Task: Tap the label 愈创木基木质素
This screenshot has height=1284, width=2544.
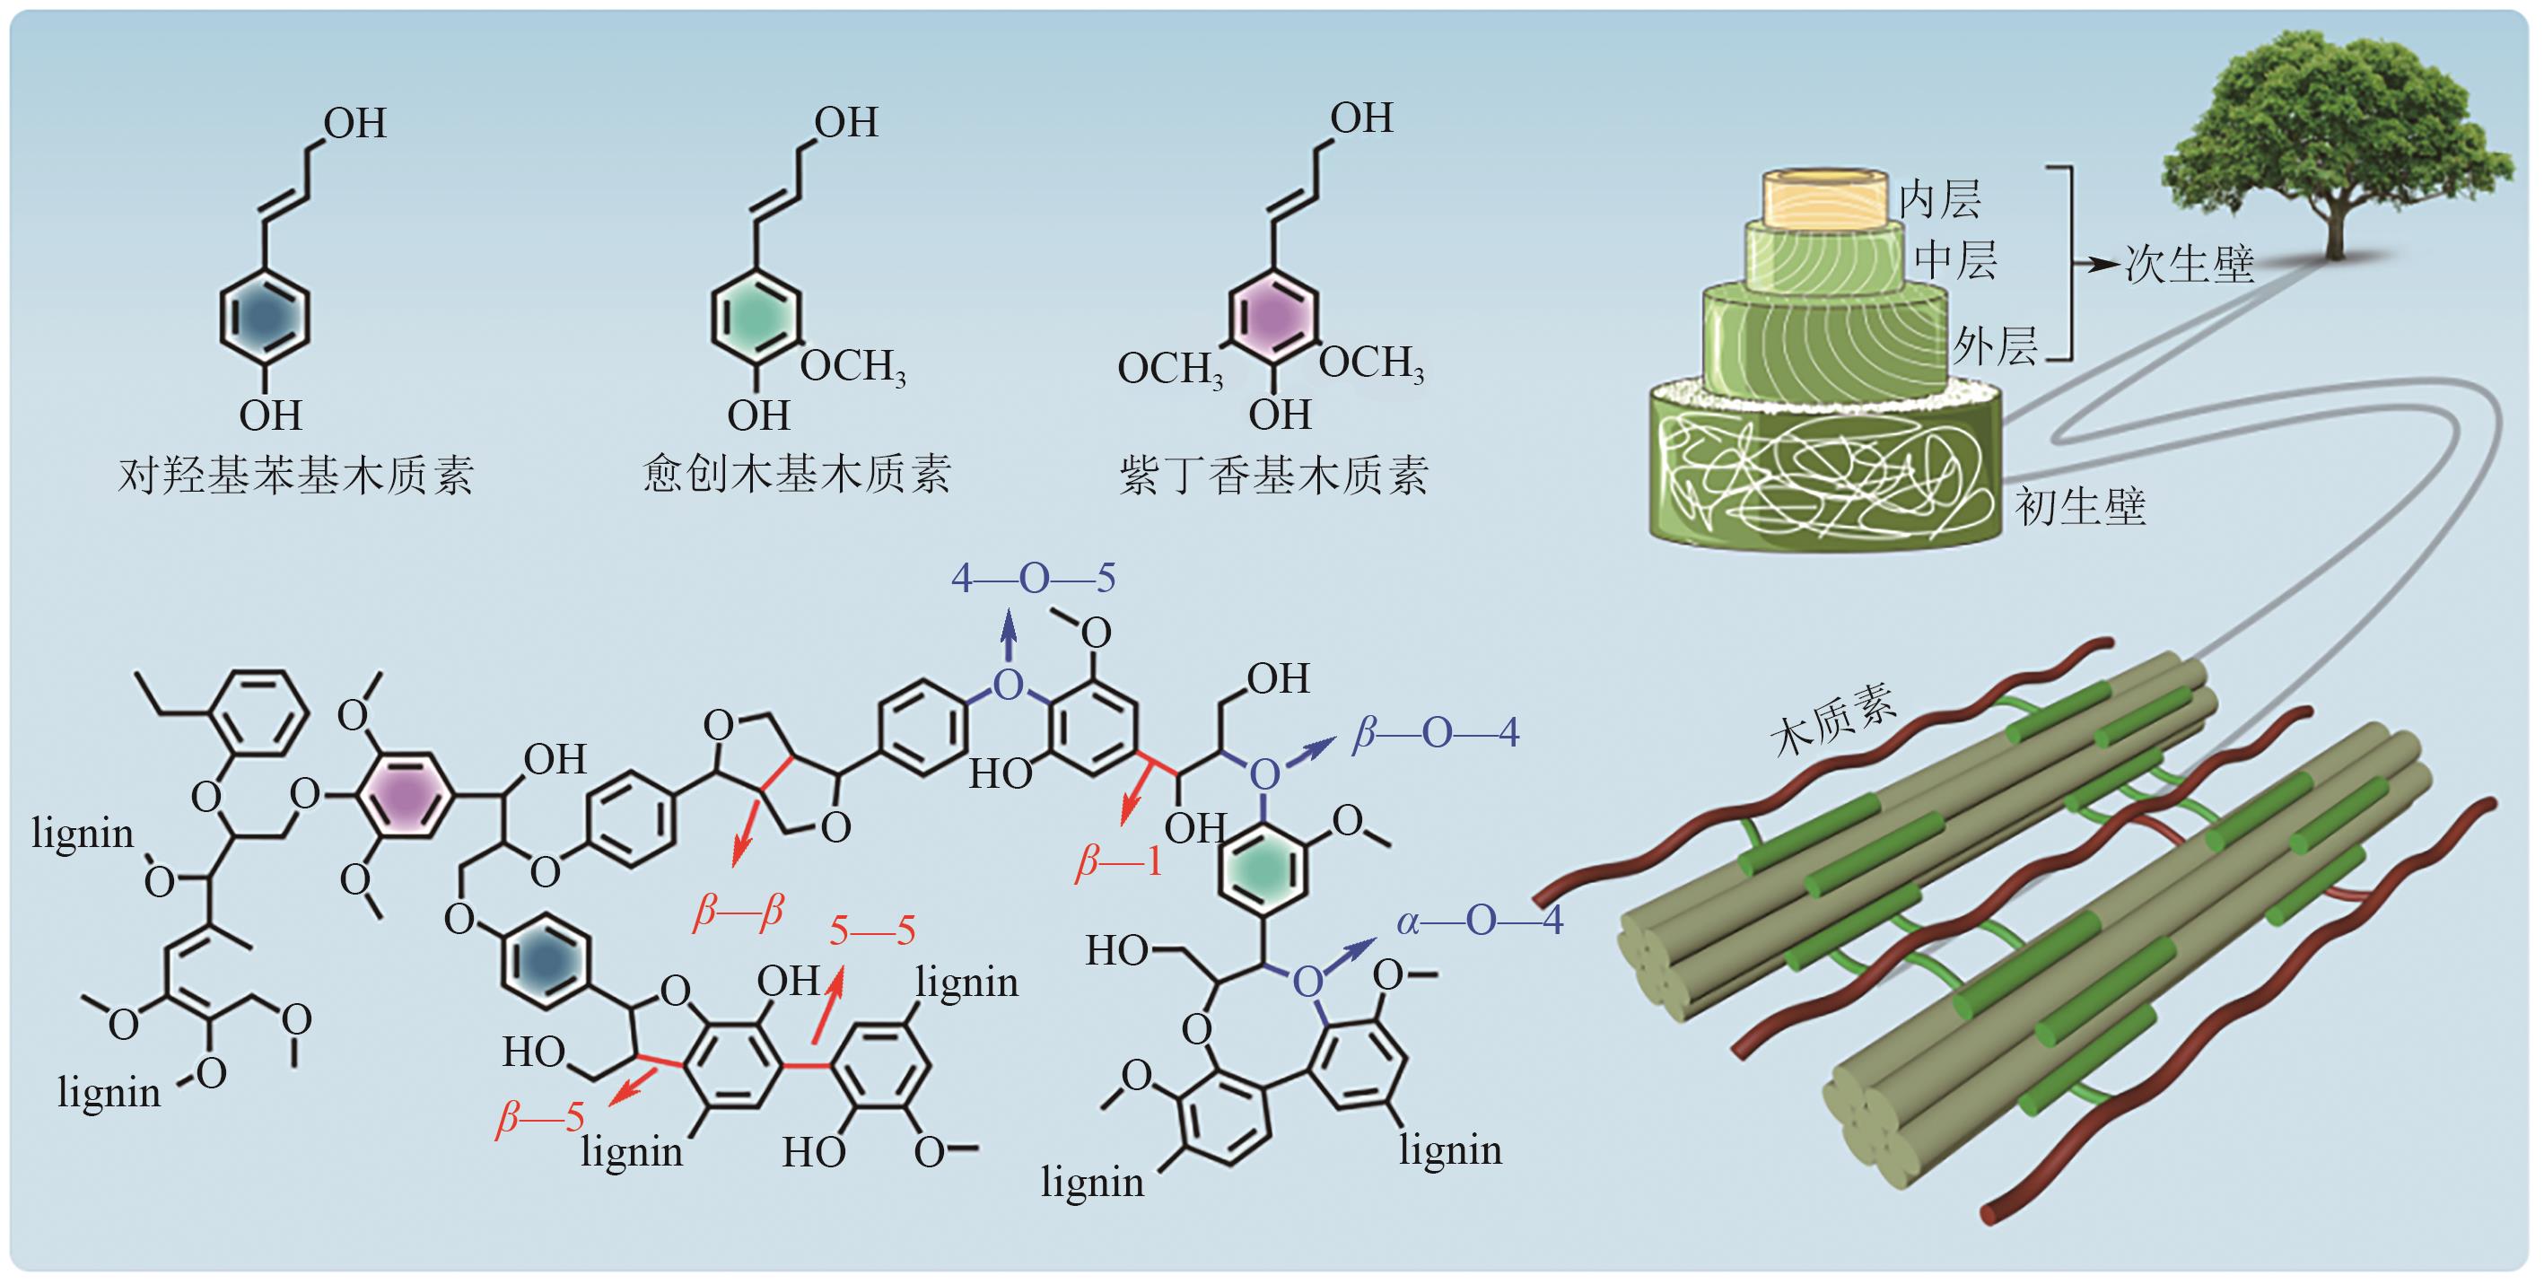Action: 796,475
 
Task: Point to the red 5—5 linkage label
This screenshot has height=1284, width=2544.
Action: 872,930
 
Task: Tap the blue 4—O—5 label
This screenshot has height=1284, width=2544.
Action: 1033,578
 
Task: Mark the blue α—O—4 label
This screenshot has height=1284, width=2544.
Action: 1480,921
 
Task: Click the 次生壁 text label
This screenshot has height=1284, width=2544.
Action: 2190,265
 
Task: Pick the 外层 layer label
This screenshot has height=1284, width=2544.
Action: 1995,347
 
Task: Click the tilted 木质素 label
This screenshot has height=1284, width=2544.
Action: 1833,722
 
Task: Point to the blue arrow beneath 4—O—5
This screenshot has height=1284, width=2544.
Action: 1009,635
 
